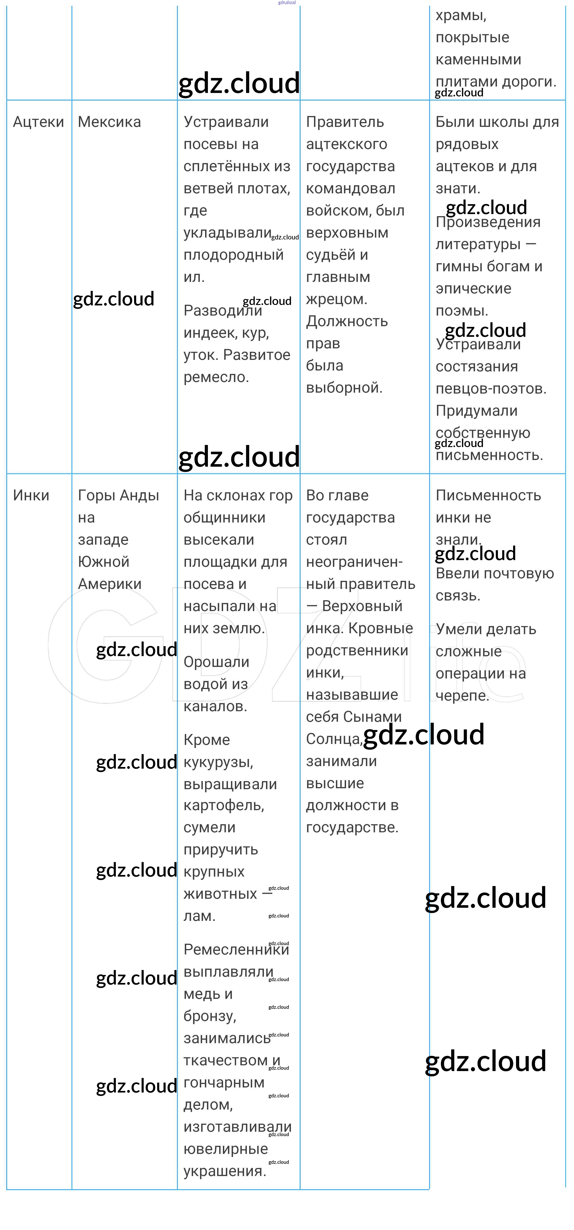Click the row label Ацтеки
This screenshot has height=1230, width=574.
pos(38,122)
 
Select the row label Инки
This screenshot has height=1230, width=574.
pos(31,496)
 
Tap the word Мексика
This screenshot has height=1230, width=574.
pos(109,122)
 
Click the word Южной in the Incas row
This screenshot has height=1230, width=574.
pos(104,562)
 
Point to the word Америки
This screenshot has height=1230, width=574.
pos(110,584)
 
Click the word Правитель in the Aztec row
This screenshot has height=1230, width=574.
pos(345,122)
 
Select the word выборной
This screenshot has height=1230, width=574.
pos(344,388)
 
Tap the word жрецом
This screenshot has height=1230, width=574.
pos(336,299)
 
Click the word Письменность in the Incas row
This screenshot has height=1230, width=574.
pos(488,496)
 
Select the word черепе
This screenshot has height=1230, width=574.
pos(462,696)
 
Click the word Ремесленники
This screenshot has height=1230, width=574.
pos(236,950)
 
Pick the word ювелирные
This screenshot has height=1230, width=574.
pos(225,1149)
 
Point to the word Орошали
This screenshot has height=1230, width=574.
pos(216,662)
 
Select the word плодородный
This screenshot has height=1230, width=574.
pos(233,255)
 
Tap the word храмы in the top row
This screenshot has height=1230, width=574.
pos(460,16)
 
